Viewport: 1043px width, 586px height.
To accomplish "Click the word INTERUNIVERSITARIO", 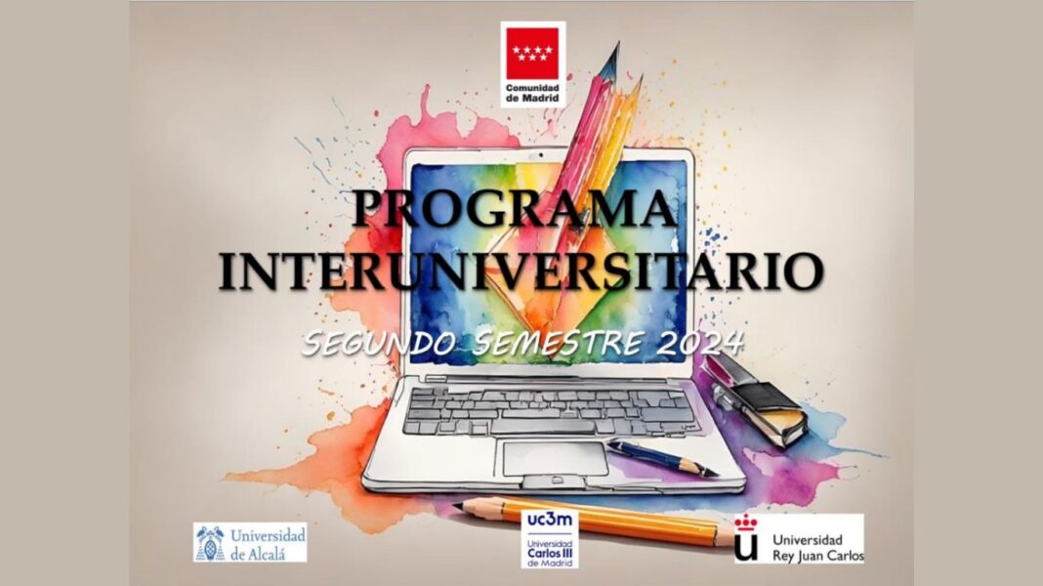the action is click(521, 271).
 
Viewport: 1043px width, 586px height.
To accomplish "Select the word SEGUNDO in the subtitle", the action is click(379, 343).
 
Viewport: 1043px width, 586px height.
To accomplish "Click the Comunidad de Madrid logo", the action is click(533, 63).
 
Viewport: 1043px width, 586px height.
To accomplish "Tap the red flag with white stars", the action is click(533, 53).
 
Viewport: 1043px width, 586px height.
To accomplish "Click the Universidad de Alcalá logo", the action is click(250, 543).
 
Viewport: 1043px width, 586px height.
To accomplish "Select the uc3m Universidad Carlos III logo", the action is click(550, 539).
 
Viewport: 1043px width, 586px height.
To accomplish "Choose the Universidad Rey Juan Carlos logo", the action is click(799, 539).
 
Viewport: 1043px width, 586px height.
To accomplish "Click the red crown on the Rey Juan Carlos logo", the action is click(747, 523).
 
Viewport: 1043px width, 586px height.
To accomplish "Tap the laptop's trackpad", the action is click(556, 458).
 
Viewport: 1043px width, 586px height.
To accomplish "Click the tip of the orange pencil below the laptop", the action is click(457, 506).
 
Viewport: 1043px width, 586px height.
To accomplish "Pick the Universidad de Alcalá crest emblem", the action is click(210, 543).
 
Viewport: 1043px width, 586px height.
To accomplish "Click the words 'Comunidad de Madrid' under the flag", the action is click(533, 93).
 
